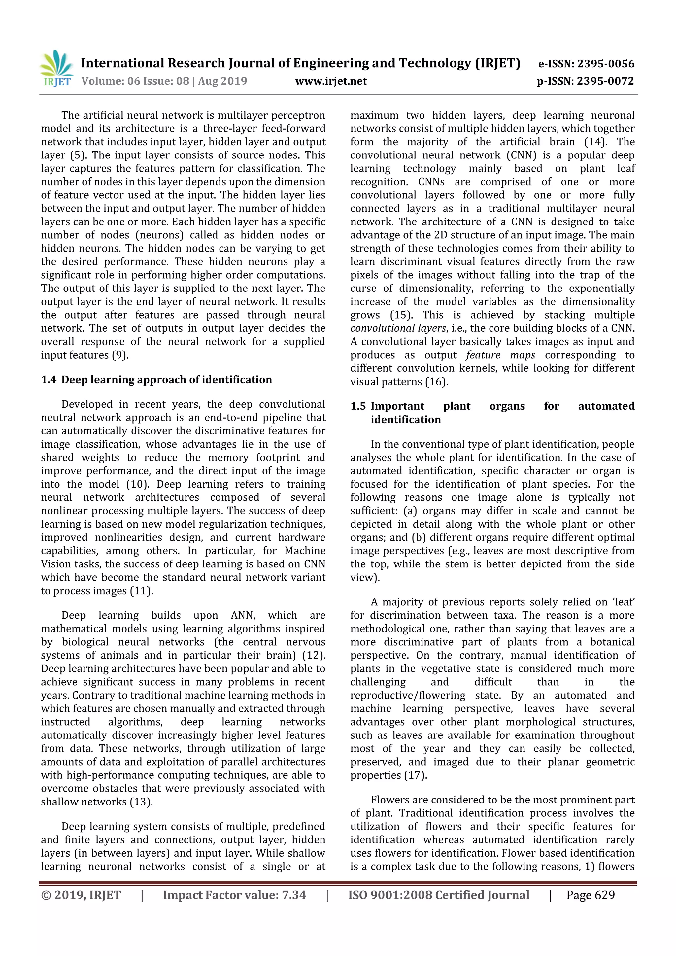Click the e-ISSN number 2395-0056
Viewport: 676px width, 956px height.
[x=606, y=64]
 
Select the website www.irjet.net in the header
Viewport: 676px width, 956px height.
[x=331, y=81]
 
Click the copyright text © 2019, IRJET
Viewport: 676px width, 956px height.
[x=81, y=895]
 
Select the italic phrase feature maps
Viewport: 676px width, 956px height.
[x=500, y=355]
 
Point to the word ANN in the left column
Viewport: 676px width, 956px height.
[x=243, y=615]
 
